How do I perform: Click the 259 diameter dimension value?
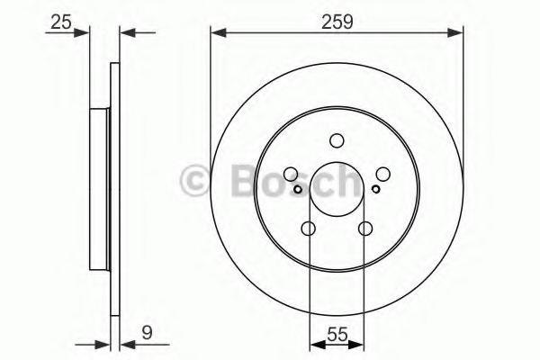tap(337, 22)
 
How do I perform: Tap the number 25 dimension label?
tap(61, 22)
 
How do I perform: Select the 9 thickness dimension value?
tap(147, 333)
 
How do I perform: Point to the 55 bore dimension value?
tap(337, 335)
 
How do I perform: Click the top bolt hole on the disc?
tap(337, 140)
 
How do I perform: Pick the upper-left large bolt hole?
tap(291, 175)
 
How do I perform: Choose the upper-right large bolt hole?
tap(383, 175)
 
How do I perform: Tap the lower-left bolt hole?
tap(308, 229)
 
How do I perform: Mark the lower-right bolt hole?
tap(365, 229)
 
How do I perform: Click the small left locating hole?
tap(298, 189)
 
